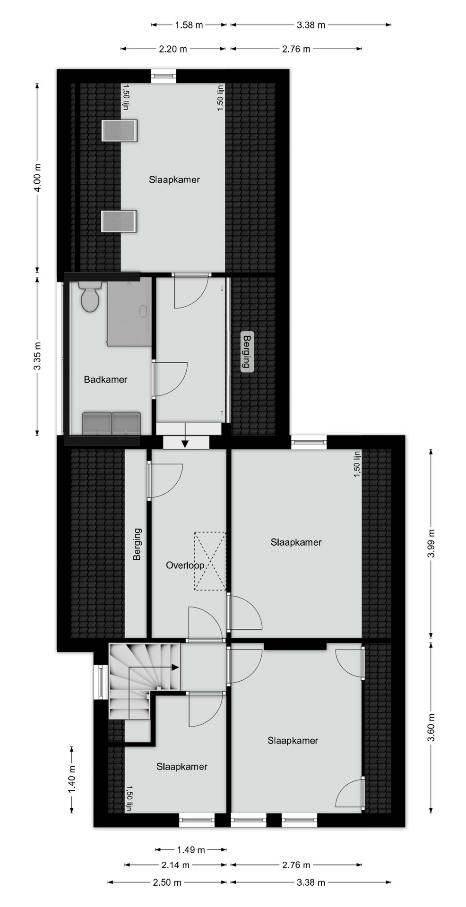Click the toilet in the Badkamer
(x=89, y=295)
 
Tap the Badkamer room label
(x=105, y=379)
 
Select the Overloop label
(x=185, y=565)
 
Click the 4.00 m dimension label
(x=38, y=178)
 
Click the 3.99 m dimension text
(x=431, y=543)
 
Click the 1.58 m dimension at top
(x=189, y=25)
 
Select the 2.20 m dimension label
(x=173, y=49)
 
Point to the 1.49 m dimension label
(x=191, y=850)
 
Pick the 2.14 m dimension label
(x=175, y=865)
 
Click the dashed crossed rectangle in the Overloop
(x=209, y=561)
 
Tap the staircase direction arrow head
(x=175, y=667)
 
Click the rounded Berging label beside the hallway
(x=246, y=351)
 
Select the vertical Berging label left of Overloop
(x=137, y=544)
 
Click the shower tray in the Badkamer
(x=129, y=311)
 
